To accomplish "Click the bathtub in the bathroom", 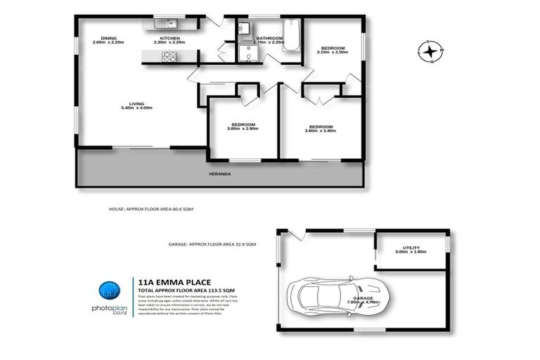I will [x=291, y=34].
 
